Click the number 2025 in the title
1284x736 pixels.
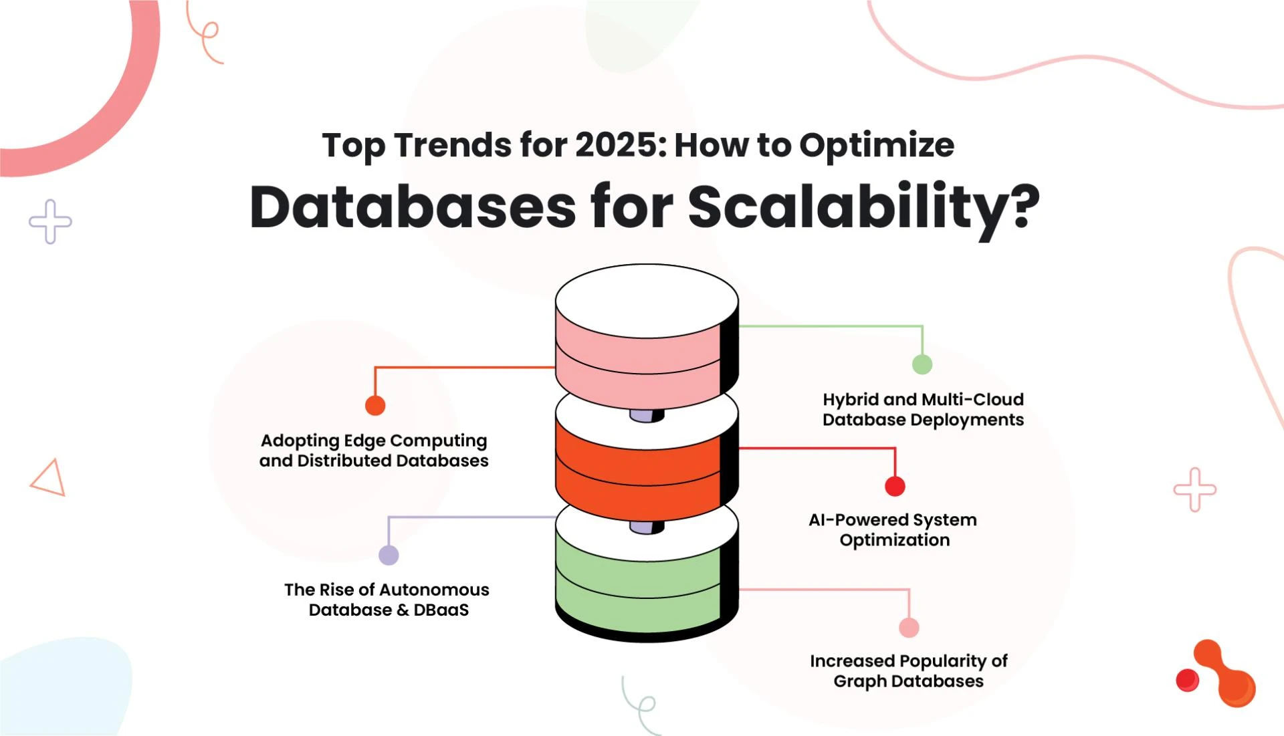[616, 145]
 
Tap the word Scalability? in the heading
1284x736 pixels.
[863, 207]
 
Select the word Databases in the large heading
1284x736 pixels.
[412, 207]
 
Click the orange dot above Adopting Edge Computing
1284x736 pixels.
[375, 405]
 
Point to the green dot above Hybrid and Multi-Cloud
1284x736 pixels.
[922, 364]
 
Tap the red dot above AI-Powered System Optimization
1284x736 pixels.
[895, 486]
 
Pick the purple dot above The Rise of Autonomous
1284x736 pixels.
[389, 555]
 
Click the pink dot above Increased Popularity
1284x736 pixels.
[909, 628]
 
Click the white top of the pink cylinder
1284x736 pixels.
[646, 300]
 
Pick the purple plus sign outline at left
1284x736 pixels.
[50, 221]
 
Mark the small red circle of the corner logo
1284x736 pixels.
[1187, 681]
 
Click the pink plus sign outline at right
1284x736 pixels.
[1194, 489]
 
